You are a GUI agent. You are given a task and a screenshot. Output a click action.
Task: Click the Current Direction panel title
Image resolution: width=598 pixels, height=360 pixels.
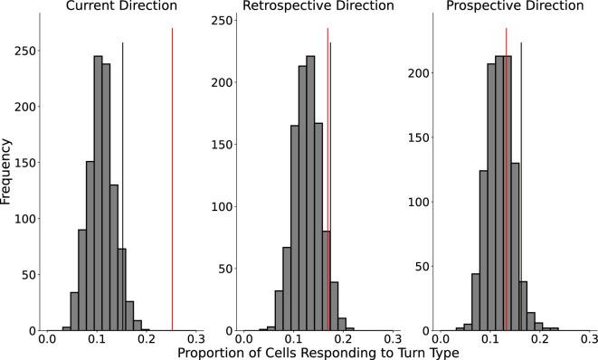pyautogui.click(x=109, y=8)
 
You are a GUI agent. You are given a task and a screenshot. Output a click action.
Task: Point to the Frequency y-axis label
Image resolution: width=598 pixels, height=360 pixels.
pyautogui.click(x=8, y=180)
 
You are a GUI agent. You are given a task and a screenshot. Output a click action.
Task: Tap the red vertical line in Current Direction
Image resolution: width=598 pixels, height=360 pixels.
pyautogui.click(x=172, y=181)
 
